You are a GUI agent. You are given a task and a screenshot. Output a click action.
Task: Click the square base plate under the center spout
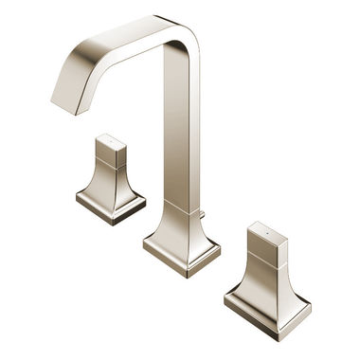click(182, 253)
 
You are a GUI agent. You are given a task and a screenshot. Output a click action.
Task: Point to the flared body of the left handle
click(111, 180)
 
